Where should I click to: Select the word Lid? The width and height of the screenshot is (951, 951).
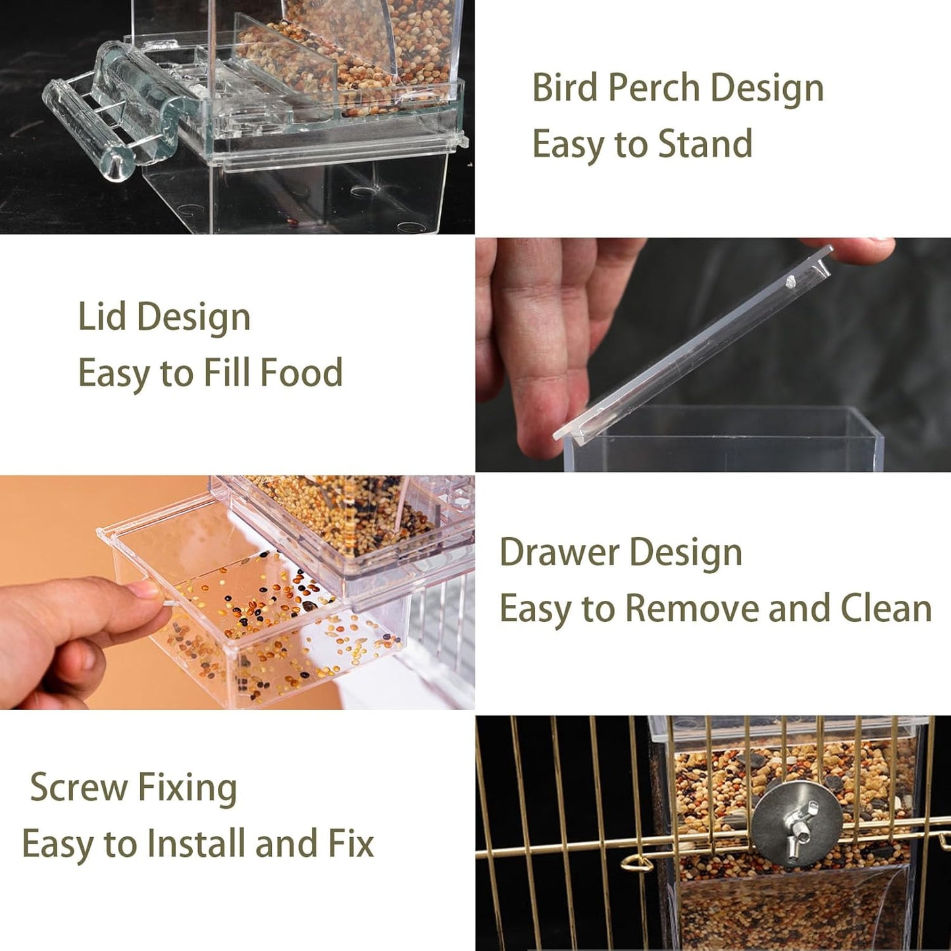point(102,317)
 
